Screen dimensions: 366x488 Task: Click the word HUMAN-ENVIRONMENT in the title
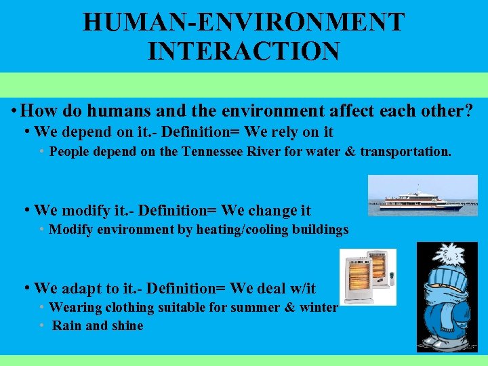243,22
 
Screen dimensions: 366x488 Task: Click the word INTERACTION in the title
243,51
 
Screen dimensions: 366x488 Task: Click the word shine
127,326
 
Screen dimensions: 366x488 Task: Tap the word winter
319,308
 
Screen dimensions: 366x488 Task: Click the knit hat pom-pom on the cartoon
447,253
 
